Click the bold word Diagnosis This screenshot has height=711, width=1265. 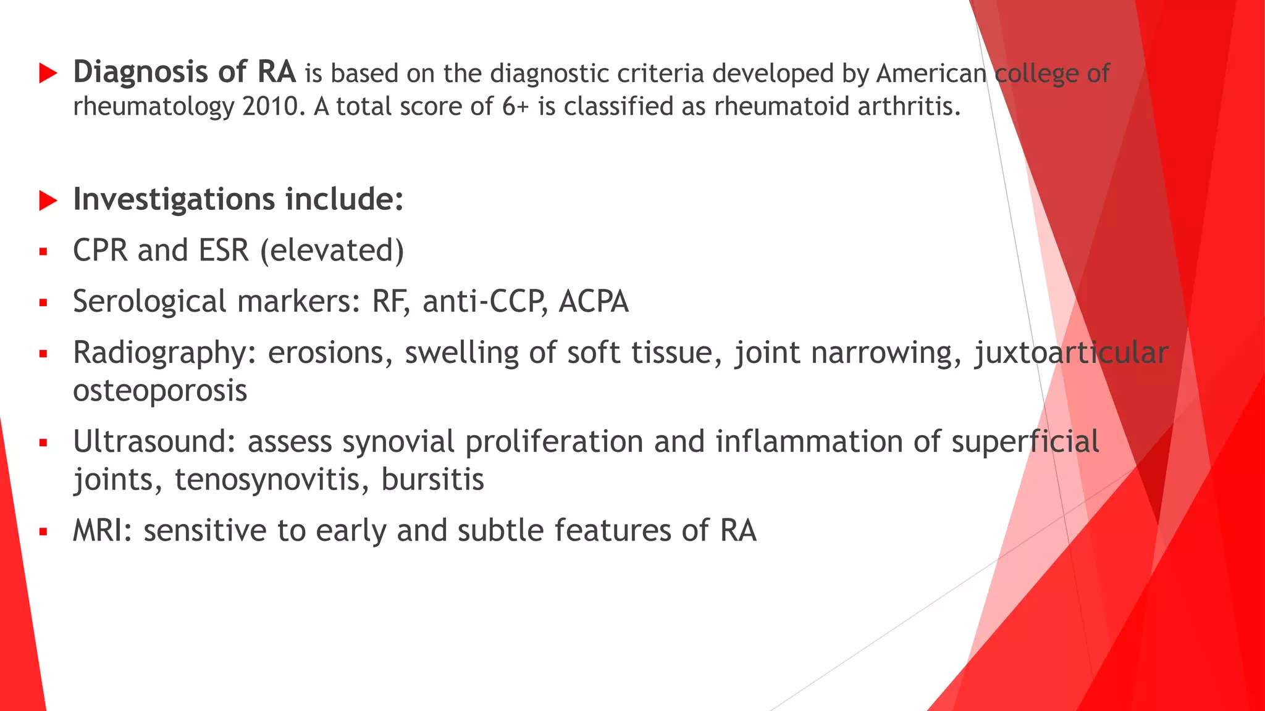click(140, 73)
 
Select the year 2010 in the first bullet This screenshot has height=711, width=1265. click(270, 107)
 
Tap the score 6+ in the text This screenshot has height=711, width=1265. click(515, 107)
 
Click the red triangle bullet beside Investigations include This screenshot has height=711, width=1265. click(48, 201)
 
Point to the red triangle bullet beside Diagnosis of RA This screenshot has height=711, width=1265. click(48, 73)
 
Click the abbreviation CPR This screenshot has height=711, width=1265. click(99, 251)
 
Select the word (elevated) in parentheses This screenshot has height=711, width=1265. click(332, 251)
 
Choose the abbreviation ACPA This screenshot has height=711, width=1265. click(593, 302)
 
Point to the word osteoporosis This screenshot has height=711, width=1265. click(160, 391)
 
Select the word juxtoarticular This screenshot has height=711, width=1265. click(1071, 354)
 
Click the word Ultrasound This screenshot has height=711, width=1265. click(154, 442)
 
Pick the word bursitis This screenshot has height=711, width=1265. click(432, 480)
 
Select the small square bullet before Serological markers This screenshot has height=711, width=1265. click(43, 303)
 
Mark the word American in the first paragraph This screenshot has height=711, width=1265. click(931, 73)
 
